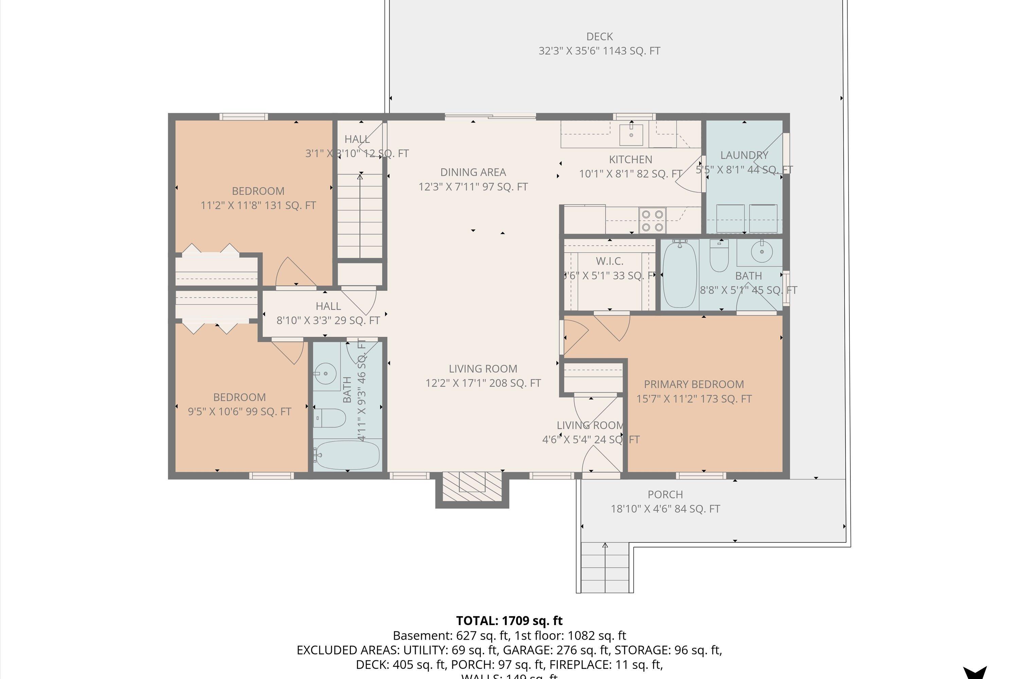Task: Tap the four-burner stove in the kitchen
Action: click(x=653, y=220)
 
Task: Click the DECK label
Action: click(x=600, y=37)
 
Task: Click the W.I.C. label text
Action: click(x=610, y=261)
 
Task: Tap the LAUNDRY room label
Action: click(x=744, y=155)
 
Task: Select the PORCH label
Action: click(x=665, y=495)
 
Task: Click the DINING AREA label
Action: click(x=473, y=172)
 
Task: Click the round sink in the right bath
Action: click(x=762, y=251)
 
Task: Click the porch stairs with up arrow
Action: click(x=605, y=567)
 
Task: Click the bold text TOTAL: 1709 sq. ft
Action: click(x=509, y=621)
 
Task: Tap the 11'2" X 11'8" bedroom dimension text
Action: click(x=258, y=205)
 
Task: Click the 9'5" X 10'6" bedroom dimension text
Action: click(x=239, y=411)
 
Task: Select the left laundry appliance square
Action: click(x=731, y=219)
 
